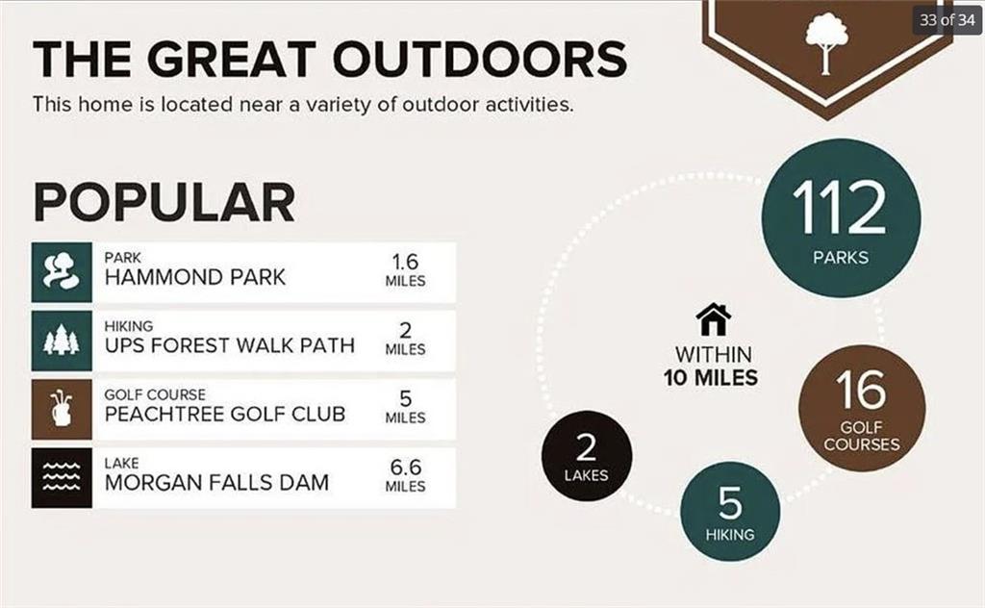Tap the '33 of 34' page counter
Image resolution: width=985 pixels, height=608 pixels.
tap(947, 20)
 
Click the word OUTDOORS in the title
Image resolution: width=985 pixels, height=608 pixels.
tap(480, 59)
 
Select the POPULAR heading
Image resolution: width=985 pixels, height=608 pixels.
tap(164, 202)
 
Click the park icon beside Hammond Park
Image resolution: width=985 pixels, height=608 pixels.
tap(62, 272)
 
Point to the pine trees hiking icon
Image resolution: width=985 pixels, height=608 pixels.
tap(62, 341)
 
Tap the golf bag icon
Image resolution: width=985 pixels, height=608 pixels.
tap(62, 409)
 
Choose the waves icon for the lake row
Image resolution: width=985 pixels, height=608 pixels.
tap(62, 478)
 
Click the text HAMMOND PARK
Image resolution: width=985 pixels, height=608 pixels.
tap(194, 277)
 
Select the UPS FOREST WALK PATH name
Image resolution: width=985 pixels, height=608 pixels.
tap(230, 345)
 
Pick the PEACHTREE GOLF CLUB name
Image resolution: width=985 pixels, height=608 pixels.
tap(225, 414)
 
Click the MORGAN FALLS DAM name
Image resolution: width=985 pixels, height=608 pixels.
tap(216, 482)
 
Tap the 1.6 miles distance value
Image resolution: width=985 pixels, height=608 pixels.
tap(405, 262)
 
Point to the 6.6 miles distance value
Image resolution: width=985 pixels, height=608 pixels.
tap(405, 468)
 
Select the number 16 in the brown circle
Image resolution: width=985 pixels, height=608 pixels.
tap(861, 390)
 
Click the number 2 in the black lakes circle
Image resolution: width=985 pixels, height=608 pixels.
tap(586, 447)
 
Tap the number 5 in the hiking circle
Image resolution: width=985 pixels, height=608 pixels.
tap(730, 503)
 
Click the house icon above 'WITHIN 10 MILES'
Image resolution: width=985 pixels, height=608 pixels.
tap(714, 319)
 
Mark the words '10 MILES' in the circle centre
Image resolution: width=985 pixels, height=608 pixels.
tap(711, 378)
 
